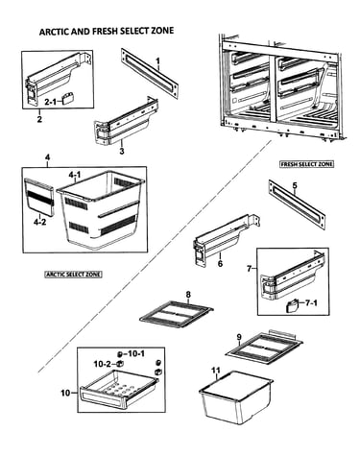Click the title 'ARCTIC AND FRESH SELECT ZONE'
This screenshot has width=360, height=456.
(107, 31)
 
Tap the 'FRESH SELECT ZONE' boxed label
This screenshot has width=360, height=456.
(307, 164)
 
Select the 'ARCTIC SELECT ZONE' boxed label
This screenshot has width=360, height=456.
(73, 275)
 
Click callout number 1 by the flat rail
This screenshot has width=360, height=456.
(157, 60)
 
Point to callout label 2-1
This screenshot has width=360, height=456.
(50, 102)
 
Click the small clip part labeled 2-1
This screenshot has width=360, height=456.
(68, 98)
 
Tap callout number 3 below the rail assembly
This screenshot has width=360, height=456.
(122, 151)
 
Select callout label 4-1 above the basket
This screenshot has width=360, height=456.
(74, 175)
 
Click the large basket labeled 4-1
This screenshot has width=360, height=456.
(101, 209)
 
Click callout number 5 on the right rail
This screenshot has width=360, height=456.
(295, 185)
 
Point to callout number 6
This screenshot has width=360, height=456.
(220, 264)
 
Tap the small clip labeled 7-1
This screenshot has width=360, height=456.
(292, 305)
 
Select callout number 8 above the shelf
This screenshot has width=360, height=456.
(188, 294)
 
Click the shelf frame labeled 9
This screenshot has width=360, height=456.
(264, 347)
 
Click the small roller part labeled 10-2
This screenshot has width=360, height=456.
(120, 364)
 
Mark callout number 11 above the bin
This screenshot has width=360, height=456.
(216, 371)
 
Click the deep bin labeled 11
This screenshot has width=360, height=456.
(236, 396)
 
